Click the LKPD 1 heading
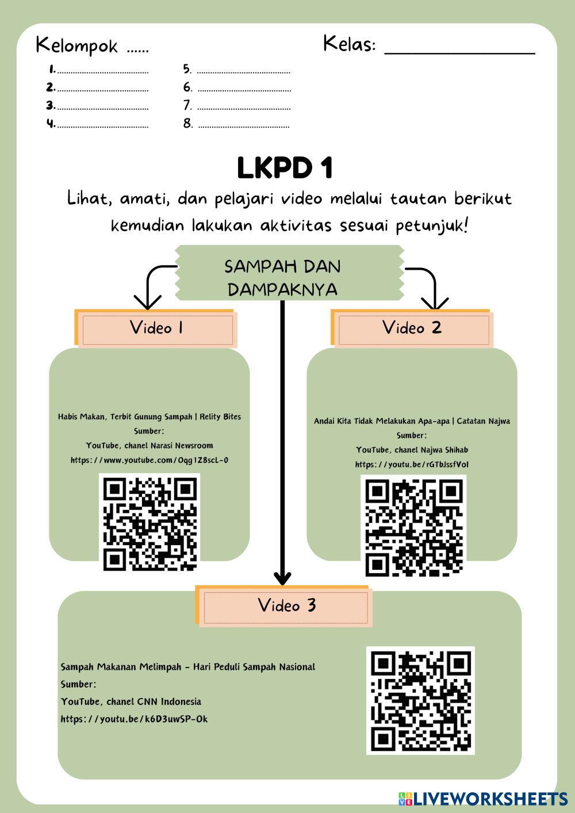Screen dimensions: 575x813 point(285,168)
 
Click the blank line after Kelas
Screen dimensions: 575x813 point(459,48)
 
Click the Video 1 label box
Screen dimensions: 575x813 point(156,328)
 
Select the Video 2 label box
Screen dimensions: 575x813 point(412,328)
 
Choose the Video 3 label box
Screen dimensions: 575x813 point(286,605)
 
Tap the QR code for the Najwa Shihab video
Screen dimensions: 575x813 point(414,526)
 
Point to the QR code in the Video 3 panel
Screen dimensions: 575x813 point(420,700)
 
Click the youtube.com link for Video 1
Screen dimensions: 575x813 point(149,460)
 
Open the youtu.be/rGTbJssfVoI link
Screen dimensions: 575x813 point(412,465)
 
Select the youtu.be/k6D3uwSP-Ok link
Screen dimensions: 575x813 point(134,719)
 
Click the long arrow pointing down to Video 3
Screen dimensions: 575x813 point(282,443)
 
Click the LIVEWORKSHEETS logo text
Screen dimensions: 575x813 point(490,799)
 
